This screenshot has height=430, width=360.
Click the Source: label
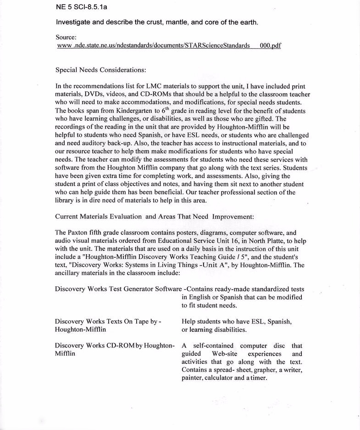point(66,37)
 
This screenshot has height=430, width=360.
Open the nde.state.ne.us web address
point(169,45)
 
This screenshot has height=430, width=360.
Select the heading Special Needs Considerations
point(100,70)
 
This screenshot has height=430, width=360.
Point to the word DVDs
point(89,94)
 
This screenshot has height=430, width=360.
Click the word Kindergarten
point(133,111)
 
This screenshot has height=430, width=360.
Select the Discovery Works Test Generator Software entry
point(118,289)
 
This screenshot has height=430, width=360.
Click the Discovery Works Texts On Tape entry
point(108,322)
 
